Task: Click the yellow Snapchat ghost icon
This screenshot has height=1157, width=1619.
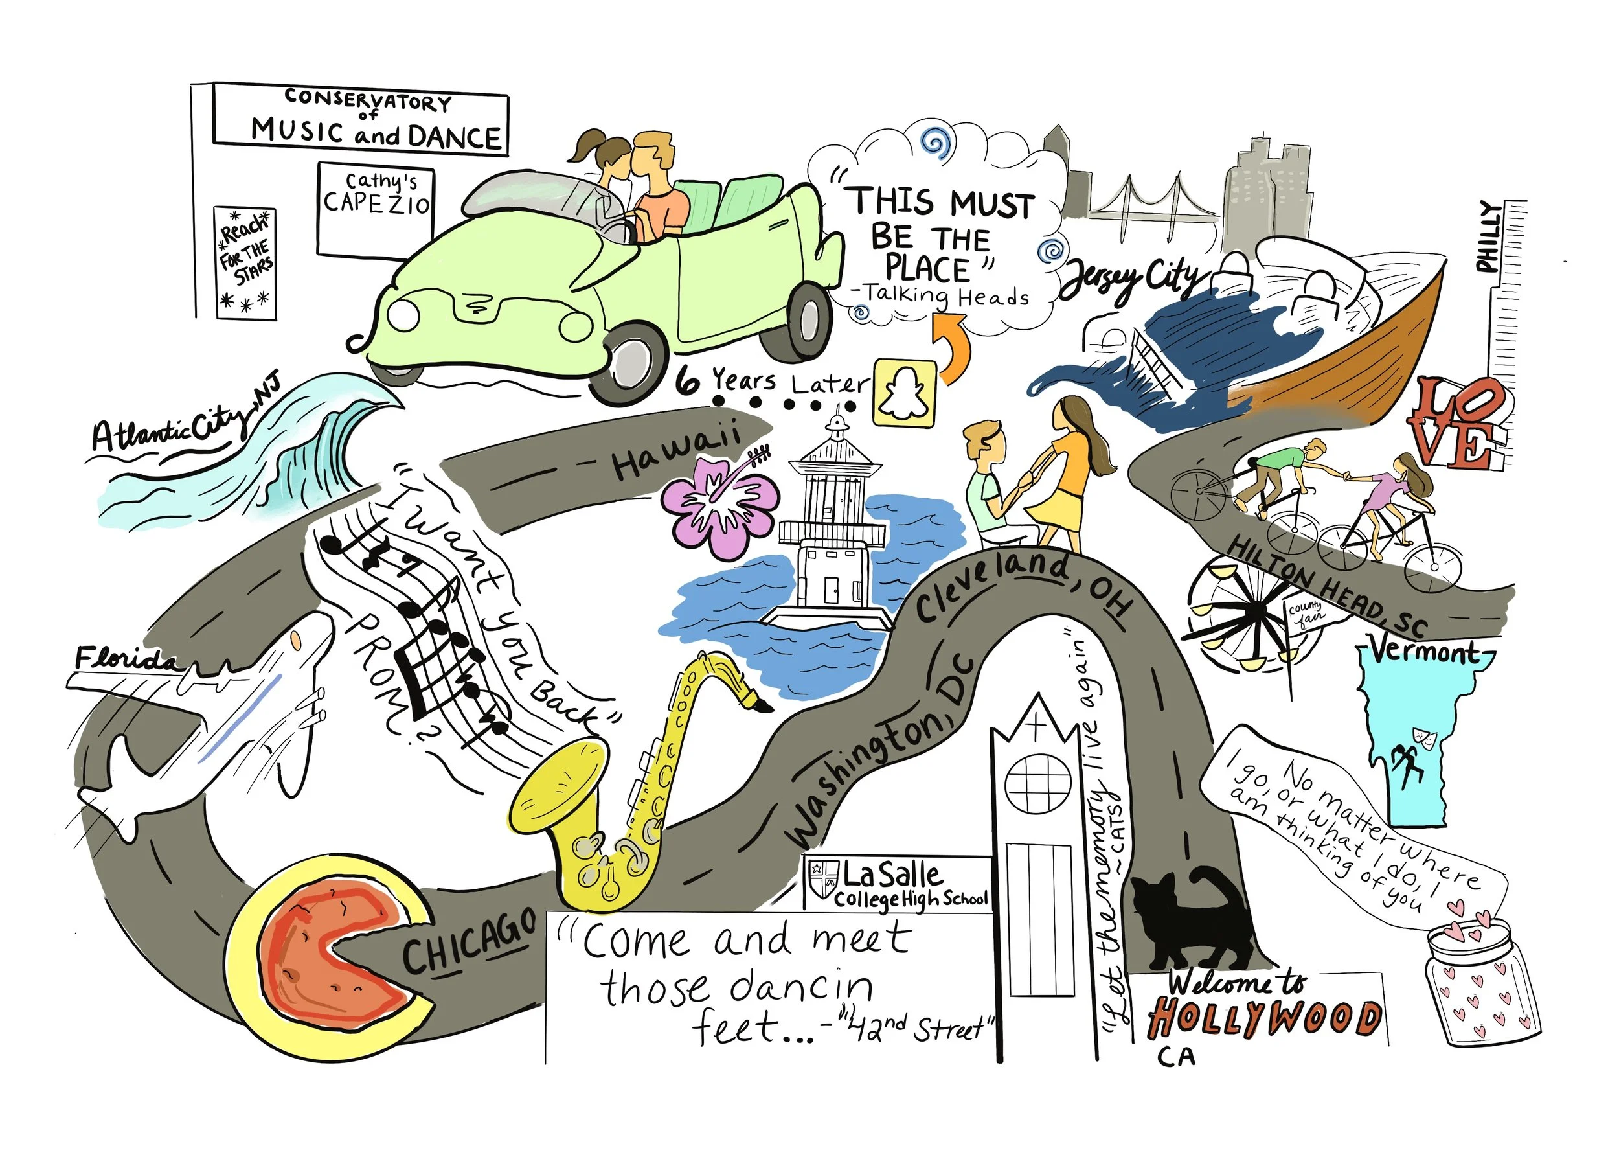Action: click(904, 393)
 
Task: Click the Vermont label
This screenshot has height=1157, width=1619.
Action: click(1424, 651)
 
